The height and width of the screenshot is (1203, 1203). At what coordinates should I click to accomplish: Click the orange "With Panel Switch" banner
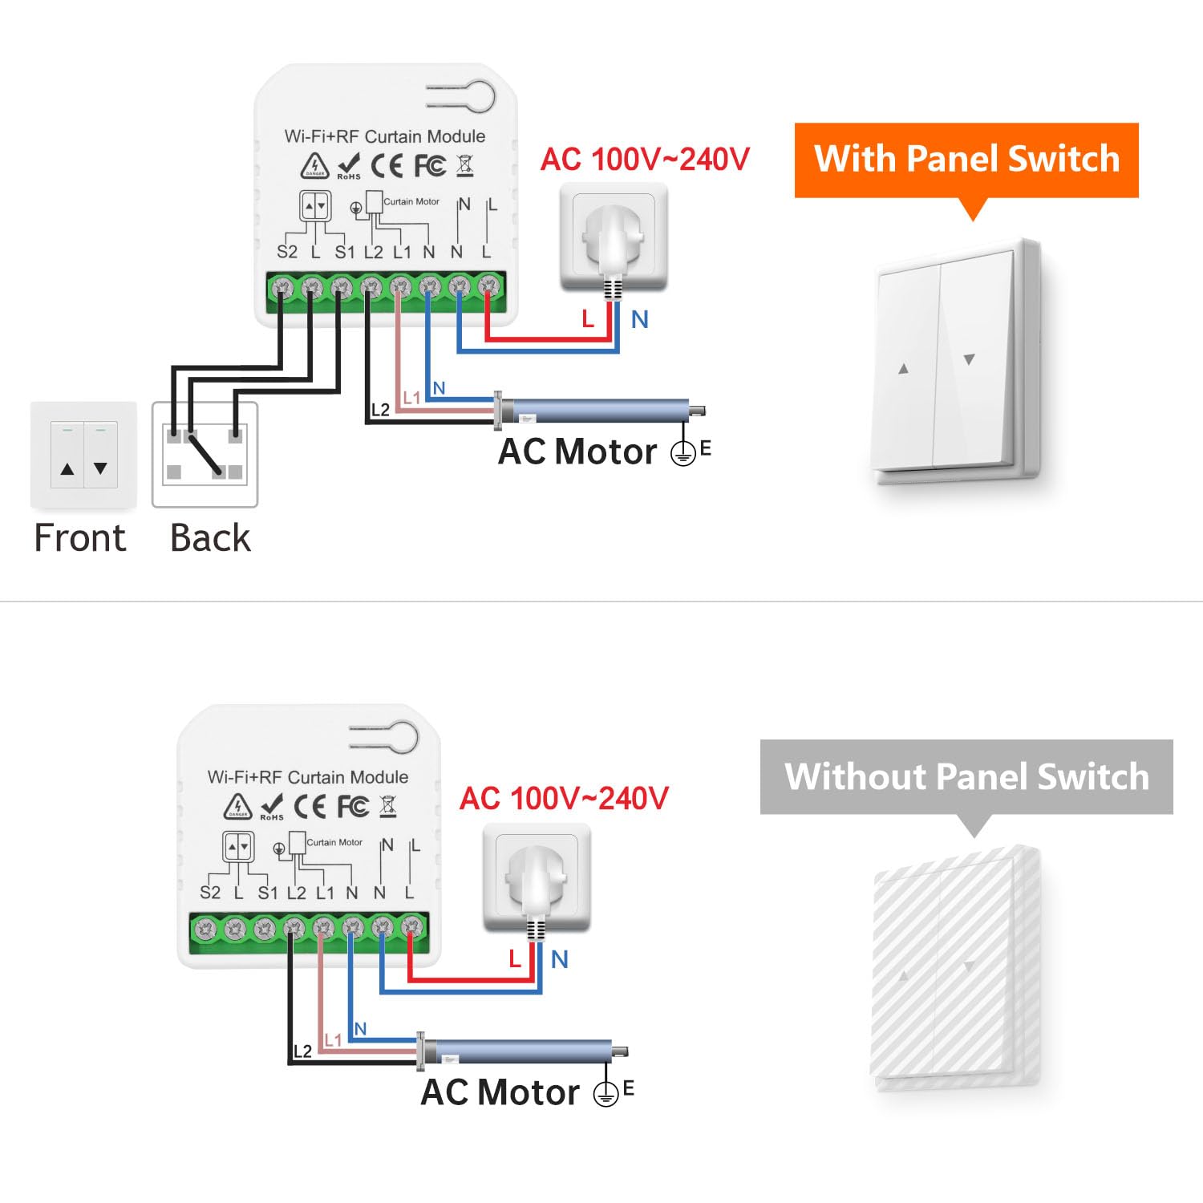point(966,159)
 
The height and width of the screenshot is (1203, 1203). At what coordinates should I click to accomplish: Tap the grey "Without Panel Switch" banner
point(966,776)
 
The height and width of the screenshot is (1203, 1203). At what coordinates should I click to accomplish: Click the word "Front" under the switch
point(80,537)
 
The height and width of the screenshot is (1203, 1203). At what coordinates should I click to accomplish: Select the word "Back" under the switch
point(210,537)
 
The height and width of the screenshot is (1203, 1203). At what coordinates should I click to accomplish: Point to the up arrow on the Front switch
point(67,468)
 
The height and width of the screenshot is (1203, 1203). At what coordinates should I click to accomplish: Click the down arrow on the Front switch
point(100,468)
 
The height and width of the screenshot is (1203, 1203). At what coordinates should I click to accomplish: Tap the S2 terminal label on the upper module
point(287,252)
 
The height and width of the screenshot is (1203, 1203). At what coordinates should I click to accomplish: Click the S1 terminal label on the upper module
point(345,252)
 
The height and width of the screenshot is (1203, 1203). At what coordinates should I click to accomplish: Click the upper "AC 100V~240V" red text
point(645,159)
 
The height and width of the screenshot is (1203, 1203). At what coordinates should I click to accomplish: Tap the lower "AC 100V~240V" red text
point(564,799)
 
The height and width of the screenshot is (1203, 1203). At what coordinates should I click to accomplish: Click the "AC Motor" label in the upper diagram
point(577,452)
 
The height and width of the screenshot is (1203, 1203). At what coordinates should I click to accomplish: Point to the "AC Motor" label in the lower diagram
point(500,1092)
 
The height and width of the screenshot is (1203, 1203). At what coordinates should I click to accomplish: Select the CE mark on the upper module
point(387,165)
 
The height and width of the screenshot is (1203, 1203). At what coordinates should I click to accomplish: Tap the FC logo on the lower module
point(353,806)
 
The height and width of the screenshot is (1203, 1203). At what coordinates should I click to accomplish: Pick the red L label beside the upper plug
point(588,319)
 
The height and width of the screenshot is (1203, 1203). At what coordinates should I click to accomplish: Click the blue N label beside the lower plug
point(560,959)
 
